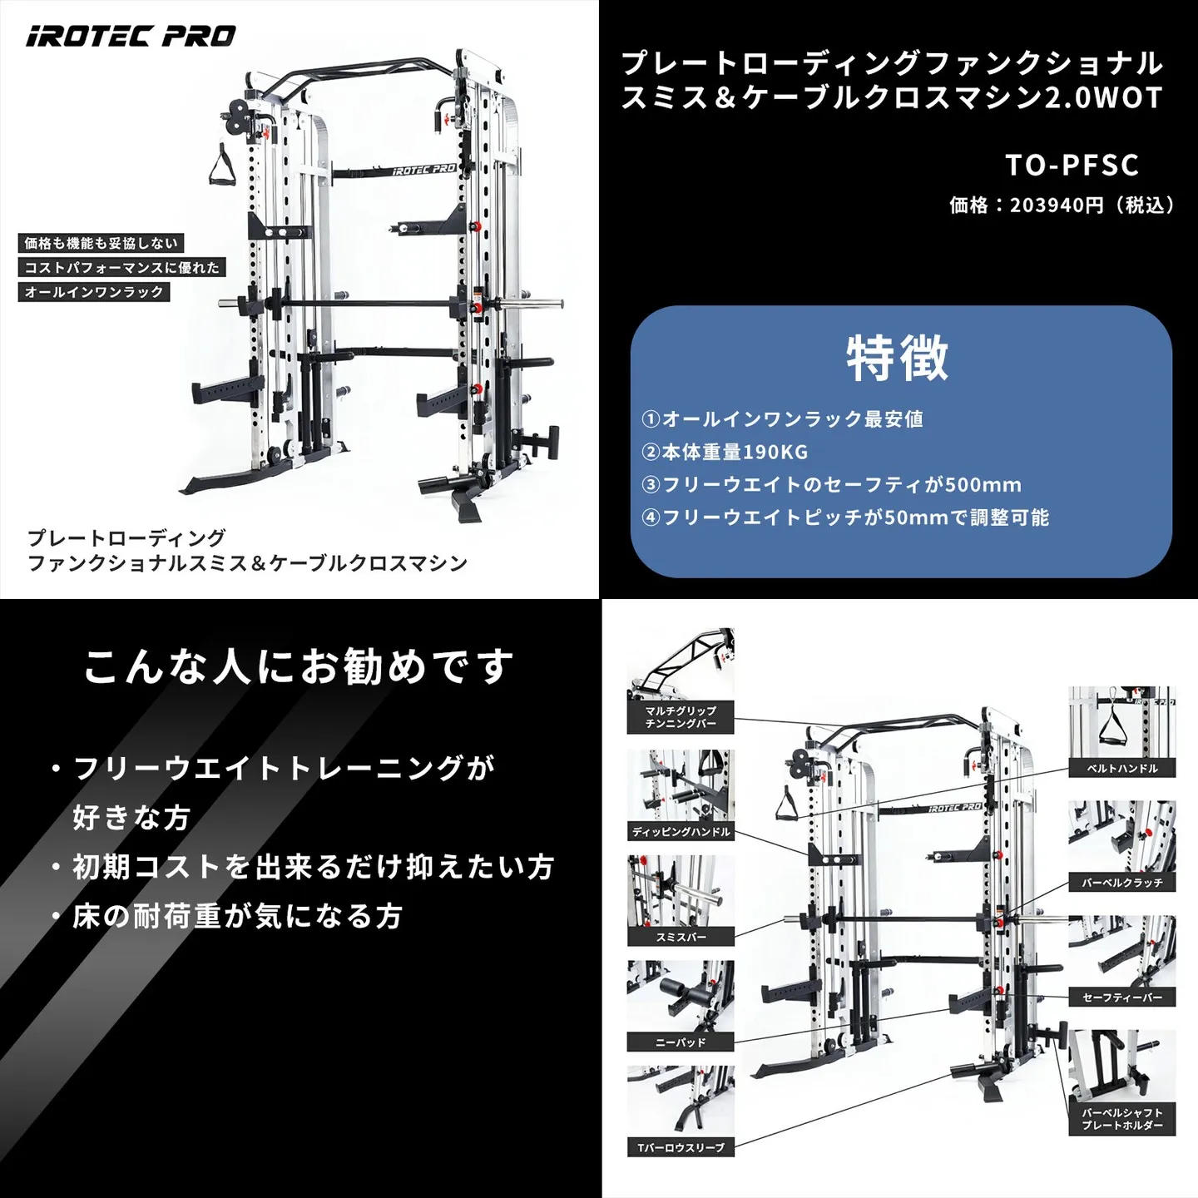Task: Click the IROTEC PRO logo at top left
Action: [x=131, y=37]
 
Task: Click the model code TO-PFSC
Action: [x=1072, y=165]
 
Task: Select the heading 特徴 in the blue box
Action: [x=898, y=358]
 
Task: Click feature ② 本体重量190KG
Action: [x=725, y=452]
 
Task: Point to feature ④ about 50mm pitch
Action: [x=845, y=517]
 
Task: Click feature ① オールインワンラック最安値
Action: [x=782, y=419]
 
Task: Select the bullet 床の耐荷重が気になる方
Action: [x=237, y=916]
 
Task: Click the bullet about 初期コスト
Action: [x=312, y=867]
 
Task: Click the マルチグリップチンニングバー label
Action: [x=681, y=717]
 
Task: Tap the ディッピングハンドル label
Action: [x=681, y=832]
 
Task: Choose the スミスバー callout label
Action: [x=681, y=937]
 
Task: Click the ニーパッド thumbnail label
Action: [x=681, y=1042]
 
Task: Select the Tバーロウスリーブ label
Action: [x=681, y=1148]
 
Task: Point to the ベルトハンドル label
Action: [x=1121, y=769]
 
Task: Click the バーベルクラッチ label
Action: [x=1121, y=883]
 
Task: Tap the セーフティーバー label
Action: [x=1121, y=998]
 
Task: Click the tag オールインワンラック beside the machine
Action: [x=94, y=292]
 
